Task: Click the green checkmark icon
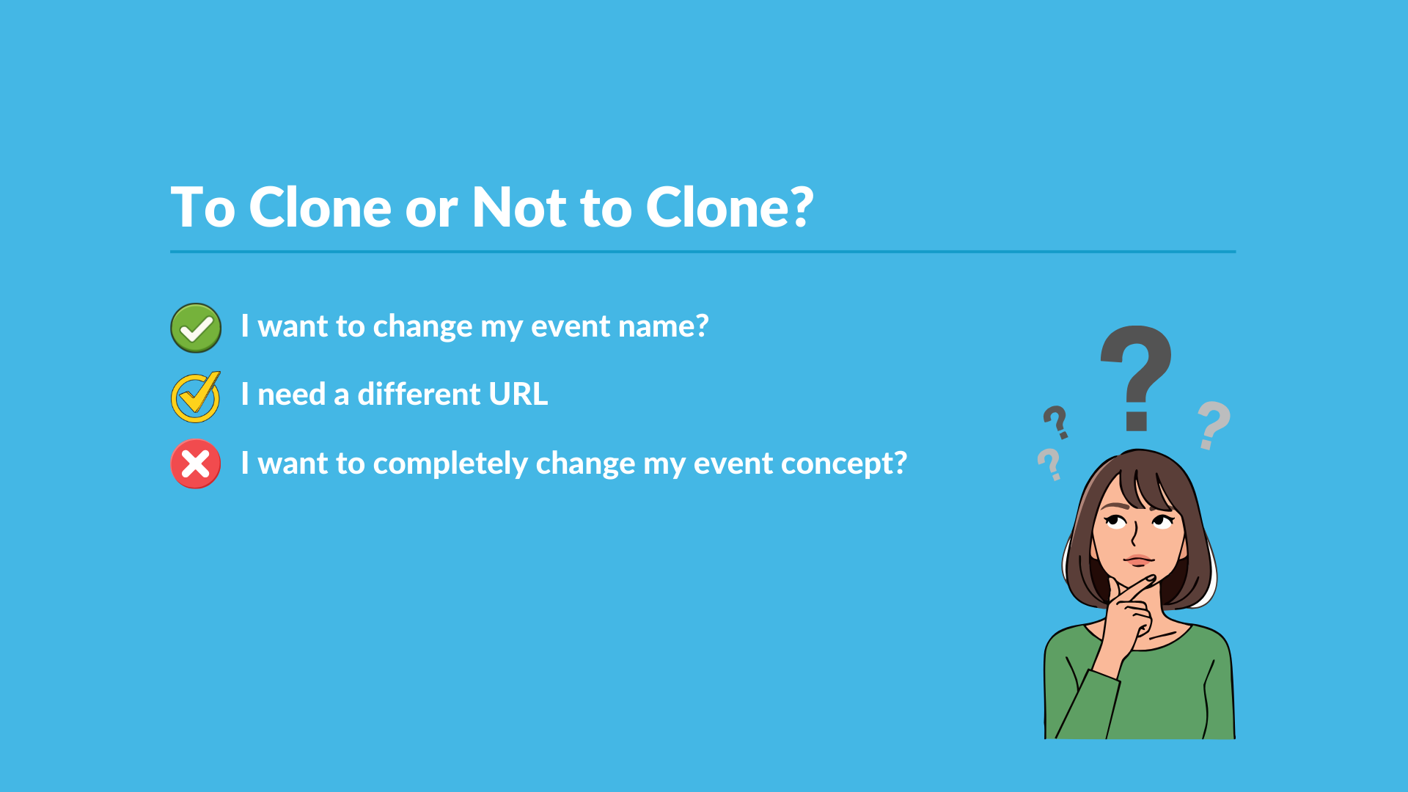point(196,328)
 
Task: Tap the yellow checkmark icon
point(195,397)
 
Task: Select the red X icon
point(196,463)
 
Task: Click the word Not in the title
point(519,208)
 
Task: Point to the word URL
point(518,395)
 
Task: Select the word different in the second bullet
point(419,395)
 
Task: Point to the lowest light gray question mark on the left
point(1049,464)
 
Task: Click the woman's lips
point(1139,561)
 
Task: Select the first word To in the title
point(202,208)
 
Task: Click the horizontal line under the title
point(703,252)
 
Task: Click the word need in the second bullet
point(291,395)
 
